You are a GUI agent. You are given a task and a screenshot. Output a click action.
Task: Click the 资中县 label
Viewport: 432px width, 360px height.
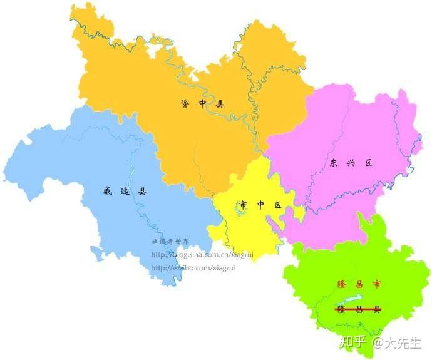pyautogui.click(x=202, y=104)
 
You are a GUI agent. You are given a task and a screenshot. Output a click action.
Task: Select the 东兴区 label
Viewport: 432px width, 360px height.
pyautogui.click(x=351, y=163)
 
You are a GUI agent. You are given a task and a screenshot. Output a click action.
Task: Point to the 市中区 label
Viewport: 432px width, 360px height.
pyautogui.click(x=260, y=205)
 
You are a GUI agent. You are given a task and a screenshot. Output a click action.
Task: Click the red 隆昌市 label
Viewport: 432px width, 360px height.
pyautogui.click(x=357, y=285)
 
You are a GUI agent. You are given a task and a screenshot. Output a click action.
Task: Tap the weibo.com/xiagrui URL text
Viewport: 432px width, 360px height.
pyautogui.click(x=193, y=268)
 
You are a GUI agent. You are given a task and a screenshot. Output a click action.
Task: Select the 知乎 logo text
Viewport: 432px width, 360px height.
pyautogui.click(x=352, y=342)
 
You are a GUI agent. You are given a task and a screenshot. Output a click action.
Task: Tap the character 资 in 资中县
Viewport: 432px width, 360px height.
pyautogui.click(x=183, y=104)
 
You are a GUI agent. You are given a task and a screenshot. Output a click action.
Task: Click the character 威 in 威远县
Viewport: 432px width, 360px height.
pyautogui.click(x=106, y=192)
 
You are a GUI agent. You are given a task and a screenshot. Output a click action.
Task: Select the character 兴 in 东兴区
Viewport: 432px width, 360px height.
pyautogui.click(x=351, y=163)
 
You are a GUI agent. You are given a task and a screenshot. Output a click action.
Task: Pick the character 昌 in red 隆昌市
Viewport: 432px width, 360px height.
pyautogui.click(x=357, y=285)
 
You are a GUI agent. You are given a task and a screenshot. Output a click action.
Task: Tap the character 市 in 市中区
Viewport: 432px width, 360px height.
pyautogui.click(x=243, y=205)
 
